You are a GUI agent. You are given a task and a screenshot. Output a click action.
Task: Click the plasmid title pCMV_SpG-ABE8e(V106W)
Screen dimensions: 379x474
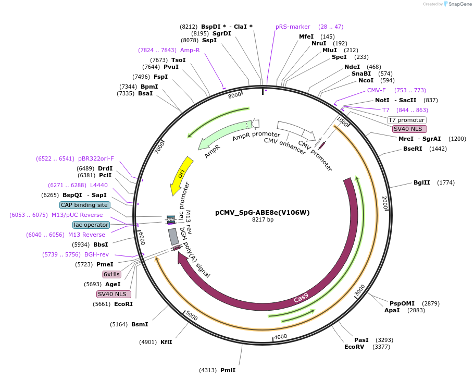point(262,213)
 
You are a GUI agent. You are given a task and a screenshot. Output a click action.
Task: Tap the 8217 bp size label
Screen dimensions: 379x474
point(263,220)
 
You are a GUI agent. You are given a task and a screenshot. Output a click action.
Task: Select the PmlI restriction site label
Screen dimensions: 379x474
point(228,370)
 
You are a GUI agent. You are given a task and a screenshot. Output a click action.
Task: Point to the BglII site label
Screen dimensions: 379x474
point(422,182)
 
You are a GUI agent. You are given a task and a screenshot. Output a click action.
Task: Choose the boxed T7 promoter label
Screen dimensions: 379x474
point(407,120)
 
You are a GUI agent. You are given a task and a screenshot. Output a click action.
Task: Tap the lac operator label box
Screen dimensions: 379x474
point(91,225)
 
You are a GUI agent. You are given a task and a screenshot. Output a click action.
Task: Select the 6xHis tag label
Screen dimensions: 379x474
point(110,274)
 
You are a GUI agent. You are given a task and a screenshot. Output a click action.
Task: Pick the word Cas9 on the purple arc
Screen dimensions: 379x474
point(301,299)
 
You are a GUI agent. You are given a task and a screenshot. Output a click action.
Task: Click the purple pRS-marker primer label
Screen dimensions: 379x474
point(293,27)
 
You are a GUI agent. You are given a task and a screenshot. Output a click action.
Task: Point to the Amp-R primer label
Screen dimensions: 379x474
point(190,50)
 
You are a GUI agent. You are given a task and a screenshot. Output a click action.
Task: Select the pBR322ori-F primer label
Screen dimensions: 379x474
point(96,158)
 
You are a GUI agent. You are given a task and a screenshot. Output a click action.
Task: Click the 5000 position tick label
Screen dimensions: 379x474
point(192,316)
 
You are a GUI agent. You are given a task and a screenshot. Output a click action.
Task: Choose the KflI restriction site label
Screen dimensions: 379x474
point(166,342)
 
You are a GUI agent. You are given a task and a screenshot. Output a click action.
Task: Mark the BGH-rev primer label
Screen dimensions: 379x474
point(97,254)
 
